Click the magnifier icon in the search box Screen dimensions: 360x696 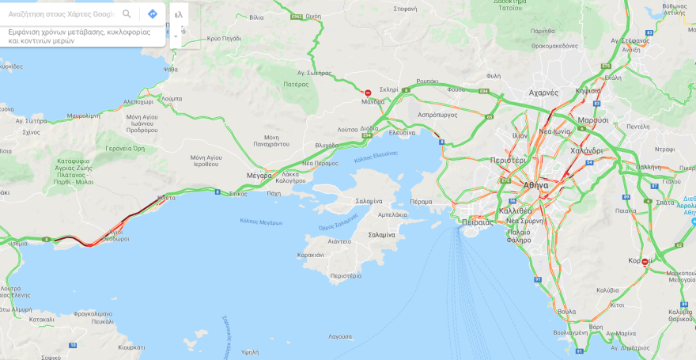point(127,14)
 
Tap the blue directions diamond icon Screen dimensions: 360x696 point(153,14)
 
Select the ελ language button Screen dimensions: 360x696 point(178,14)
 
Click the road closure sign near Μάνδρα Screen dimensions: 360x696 point(367,93)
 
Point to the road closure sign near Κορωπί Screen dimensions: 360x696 point(645,262)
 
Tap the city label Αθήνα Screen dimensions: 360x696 point(535,184)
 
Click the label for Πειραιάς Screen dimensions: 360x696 point(478,222)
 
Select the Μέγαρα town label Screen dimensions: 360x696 point(259,175)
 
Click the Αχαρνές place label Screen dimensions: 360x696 point(543,93)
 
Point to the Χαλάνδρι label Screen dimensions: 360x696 point(586,150)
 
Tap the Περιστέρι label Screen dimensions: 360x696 point(508,160)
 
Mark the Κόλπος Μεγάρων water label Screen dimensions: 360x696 point(261,222)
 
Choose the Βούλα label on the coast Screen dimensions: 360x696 point(566,312)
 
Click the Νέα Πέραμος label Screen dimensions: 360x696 point(320,163)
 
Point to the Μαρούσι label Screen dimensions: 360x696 point(592,120)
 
